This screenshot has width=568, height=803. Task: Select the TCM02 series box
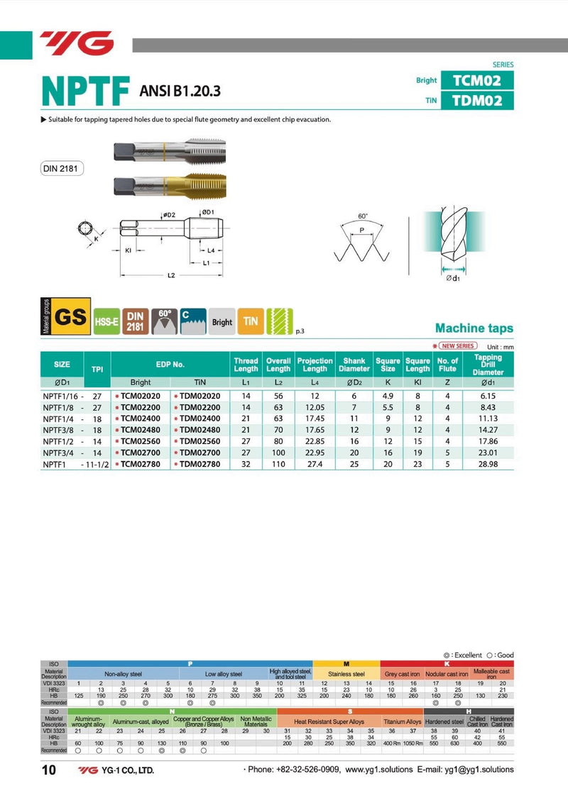(476, 79)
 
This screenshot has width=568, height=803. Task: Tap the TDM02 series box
(476, 101)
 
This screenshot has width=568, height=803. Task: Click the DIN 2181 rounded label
(62, 169)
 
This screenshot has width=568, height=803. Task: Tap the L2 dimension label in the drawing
(172, 276)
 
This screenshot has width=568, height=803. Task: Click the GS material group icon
(70, 318)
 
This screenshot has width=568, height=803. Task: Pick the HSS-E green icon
(106, 321)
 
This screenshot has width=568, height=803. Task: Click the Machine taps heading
(474, 328)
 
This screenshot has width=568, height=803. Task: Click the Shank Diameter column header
(354, 365)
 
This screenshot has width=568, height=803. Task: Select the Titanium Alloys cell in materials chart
(403, 721)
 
